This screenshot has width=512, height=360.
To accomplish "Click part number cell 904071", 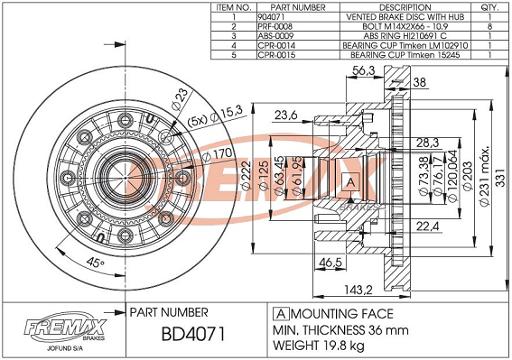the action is (271, 17).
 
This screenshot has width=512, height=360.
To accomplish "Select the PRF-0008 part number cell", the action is (275, 26).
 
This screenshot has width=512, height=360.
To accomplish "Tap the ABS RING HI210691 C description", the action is (405, 36).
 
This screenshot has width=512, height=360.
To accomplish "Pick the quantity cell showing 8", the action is (489, 26).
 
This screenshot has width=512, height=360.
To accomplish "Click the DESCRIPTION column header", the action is (405, 7).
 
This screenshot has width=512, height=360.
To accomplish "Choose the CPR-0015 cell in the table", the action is (276, 55).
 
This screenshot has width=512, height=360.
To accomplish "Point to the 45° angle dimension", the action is (95, 262).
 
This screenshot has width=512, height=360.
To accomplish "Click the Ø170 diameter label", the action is (218, 154).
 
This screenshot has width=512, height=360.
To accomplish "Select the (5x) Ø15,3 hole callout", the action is (215, 116).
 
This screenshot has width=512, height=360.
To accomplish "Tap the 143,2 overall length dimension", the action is (358, 290).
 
